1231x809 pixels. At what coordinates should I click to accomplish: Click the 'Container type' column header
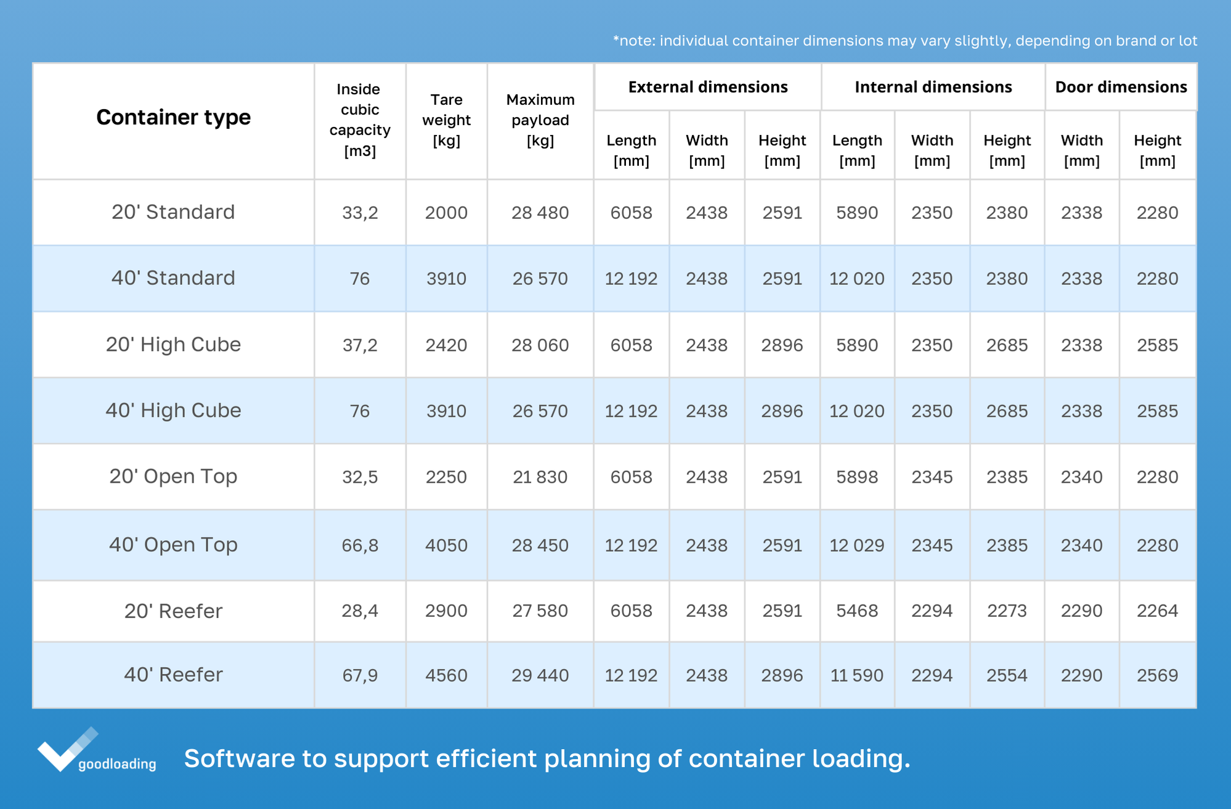173,117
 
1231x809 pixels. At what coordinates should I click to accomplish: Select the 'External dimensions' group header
707,87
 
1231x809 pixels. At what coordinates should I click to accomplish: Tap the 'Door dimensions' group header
1121,87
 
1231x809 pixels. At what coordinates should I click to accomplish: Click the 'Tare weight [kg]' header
446,120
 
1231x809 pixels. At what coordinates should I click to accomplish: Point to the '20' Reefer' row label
173,611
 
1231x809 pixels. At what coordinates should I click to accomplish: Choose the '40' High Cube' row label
173,411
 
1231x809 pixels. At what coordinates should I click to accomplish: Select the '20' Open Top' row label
173,477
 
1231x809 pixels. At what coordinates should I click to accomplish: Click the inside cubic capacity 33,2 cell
360,213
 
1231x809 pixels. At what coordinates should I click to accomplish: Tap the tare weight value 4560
446,675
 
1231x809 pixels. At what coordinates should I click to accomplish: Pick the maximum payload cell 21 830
540,477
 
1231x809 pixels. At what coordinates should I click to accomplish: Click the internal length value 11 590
856,675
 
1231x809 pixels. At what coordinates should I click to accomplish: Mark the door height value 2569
1157,675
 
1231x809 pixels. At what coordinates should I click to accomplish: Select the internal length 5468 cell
856,611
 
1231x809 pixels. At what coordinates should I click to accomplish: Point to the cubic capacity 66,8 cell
360,545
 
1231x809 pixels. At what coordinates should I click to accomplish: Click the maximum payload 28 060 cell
540,345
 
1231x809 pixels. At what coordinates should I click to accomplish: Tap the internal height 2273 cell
1007,611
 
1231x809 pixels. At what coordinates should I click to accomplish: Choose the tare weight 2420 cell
446,345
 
